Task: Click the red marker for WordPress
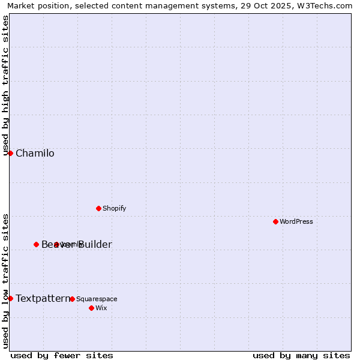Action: (275, 221)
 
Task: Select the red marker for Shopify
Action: (98, 208)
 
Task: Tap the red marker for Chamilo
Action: (10, 153)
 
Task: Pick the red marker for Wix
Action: (91, 308)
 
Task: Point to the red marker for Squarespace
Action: (72, 299)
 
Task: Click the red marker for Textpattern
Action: (10, 298)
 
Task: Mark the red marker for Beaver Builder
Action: (36, 244)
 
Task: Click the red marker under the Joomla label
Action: (56, 244)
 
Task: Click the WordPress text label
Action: (296, 221)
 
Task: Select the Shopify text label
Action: (114, 208)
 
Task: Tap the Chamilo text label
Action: (35, 153)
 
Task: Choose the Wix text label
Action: (101, 308)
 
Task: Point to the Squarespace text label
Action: (97, 299)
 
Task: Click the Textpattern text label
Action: (42, 298)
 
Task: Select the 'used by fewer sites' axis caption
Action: (62, 355)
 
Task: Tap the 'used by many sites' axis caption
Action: (301, 355)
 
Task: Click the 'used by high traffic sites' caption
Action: (5, 85)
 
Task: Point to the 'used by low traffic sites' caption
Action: (5, 280)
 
